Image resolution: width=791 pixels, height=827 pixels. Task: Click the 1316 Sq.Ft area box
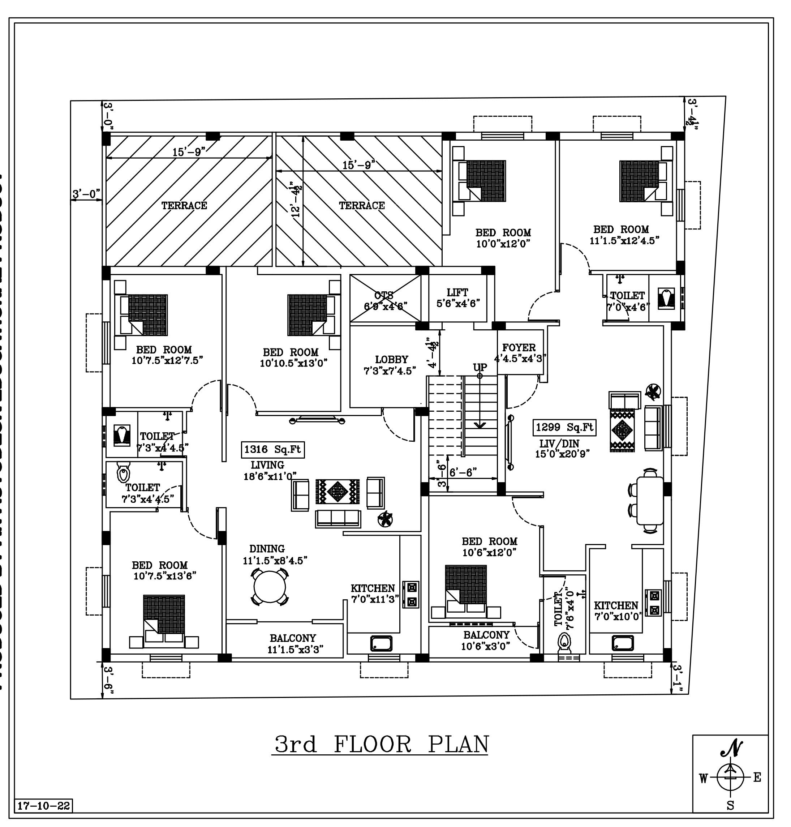click(272, 450)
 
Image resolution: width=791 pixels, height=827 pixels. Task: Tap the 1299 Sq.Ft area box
click(564, 428)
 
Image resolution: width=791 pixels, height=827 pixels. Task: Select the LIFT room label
click(457, 292)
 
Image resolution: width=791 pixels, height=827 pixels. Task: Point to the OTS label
click(384, 296)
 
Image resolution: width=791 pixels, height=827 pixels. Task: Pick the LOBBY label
click(392, 359)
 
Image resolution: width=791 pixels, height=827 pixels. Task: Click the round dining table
click(270, 587)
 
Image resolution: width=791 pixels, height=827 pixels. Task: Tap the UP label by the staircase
click(480, 367)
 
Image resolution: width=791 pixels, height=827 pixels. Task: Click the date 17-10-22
click(43, 806)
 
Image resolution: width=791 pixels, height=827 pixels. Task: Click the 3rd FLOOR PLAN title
click(382, 744)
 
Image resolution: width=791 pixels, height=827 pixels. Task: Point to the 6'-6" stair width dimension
click(463, 473)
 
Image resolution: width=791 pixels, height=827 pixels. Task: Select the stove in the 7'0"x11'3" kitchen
click(411, 594)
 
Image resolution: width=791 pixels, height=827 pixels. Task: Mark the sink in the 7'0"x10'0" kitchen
click(623, 643)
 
